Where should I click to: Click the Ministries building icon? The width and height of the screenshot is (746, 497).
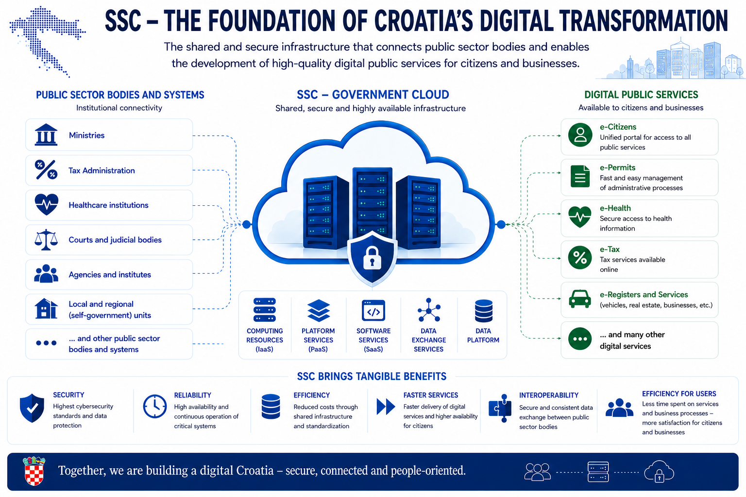click(46, 135)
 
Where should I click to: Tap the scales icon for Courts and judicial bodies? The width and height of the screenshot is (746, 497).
click(46, 240)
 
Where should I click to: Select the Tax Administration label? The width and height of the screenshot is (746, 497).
click(102, 170)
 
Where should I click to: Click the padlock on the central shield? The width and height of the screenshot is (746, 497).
click(372, 258)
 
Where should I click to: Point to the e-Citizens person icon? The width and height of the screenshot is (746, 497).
click(580, 135)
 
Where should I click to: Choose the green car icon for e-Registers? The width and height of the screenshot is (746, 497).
click(580, 298)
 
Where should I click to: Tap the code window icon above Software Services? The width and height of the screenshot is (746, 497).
click(373, 311)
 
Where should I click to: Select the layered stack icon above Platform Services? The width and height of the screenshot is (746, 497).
click(319, 311)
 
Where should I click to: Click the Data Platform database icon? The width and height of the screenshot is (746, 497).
click(484, 311)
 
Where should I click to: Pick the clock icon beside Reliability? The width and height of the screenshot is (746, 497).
click(155, 406)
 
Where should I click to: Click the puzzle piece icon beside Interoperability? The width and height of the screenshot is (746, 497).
click(500, 408)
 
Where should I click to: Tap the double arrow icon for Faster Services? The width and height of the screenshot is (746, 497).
click(386, 406)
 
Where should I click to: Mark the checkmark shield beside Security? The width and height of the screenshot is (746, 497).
click(32, 408)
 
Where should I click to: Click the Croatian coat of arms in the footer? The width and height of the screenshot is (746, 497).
click(34, 471)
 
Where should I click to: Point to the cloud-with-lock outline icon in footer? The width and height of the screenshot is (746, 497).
click(659, 471)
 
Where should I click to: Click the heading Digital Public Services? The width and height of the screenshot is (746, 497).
click(641, 95)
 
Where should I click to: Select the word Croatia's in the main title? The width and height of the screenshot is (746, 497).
click(424, 21)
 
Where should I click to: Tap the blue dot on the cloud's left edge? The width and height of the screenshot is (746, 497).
click(246, 224)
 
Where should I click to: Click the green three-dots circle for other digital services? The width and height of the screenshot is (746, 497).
click(580, 339)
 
